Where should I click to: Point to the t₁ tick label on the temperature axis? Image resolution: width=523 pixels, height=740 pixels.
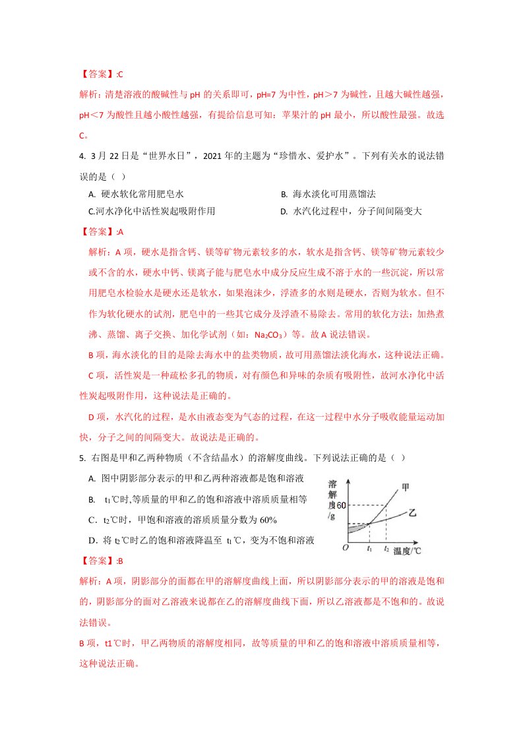click(369, 547)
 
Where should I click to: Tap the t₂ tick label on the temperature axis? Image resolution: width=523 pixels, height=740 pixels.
click(386, 547)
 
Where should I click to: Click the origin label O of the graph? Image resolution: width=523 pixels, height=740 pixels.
click(345, 547)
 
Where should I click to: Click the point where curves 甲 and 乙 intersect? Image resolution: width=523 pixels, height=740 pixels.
click(369, 523)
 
